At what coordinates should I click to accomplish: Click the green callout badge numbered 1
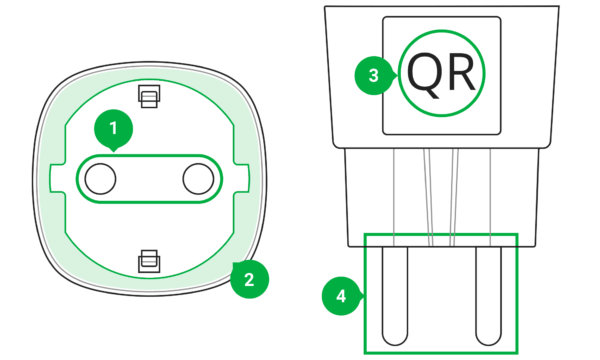click(x=114, y=129)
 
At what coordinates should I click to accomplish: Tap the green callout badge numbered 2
click(x=249, y=279)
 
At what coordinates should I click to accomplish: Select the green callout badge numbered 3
click(x=374, y=75)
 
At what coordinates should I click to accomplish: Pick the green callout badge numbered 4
click(x=341, y=296)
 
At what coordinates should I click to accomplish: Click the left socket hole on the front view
click(x=100, y=179)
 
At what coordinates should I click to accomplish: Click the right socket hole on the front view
click(x=198, y=179)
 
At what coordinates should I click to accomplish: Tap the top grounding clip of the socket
click(x=149, y=96)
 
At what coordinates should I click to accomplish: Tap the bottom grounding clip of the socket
click(x=149, y=261)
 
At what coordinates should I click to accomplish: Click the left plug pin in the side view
click(x=395, y=296)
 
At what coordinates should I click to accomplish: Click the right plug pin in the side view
click(x=489, y=296)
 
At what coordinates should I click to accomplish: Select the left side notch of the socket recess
click(x=57, y=179)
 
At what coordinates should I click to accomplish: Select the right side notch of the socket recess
click(x=241, y=179)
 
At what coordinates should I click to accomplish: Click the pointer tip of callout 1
click(x=114, y=152)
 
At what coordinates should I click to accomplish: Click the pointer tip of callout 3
click(x=398, y=75)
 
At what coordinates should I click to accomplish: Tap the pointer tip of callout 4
click(x=365, y=295)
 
